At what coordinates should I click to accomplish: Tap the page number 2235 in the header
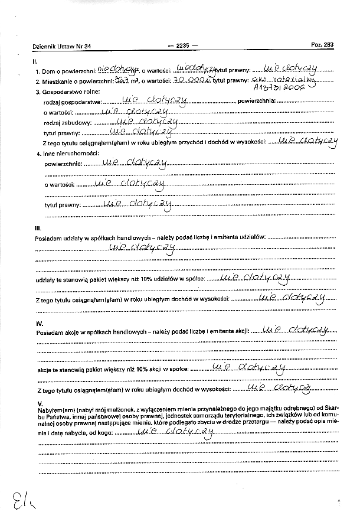click(x=183, y=45)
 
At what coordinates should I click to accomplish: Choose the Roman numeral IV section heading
click(x=40, y=323)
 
